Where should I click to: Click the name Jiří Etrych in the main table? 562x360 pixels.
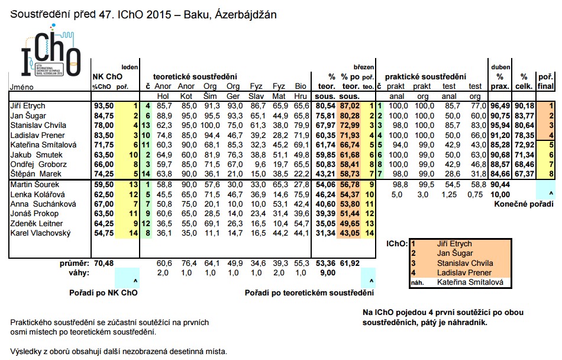[28, 106]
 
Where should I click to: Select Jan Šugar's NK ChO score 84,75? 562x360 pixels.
[104, 116]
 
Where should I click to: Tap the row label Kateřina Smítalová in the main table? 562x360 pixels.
[43, 145]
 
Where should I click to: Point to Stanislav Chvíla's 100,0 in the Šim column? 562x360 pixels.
[210, 126]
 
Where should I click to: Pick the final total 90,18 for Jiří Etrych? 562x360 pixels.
[525, 106]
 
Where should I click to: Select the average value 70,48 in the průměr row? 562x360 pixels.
[104, 263]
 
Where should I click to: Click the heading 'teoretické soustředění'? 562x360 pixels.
[195, 77]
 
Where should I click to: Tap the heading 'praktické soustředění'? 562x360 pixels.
[425, 77]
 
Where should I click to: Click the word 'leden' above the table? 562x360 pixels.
[130, 67]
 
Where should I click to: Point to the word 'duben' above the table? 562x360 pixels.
[500, 67]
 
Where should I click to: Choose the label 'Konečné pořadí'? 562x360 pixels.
[524, 204]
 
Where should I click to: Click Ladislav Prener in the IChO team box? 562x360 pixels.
[464, 272]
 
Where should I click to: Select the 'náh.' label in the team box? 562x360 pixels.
[417, 283]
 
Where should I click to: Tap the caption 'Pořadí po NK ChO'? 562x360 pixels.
[103, 293]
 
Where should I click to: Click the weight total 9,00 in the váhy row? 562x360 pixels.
[325, 273]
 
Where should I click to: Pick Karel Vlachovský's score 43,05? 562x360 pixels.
[350, 233]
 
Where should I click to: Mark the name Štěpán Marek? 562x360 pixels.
[35, 174]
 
